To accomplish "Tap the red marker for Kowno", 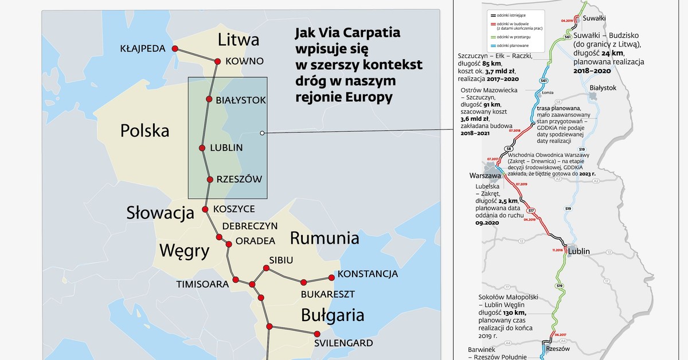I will pyautogui.click(x=218, y=61).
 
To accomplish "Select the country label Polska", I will pyautogui.click(x=144, y=131).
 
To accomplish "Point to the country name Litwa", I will pyautogui.click(x=239, y=40).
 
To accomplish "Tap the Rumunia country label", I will pyautogui.click(x=325, y=238).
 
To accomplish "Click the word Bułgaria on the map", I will pyautogui.click(x=333, y=315).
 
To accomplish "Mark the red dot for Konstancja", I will pyautogui.click(x=331, y=277).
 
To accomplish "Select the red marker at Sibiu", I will pyautogui.click(x=265, y=268).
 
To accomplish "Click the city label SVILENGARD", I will pyautogui.click(x=343, y=343).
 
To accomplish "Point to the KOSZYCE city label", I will pyautogui.click(x=234, y=209).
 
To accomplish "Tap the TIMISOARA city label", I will pyautogui.click(x=202, y=284).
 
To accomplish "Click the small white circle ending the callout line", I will pyautogui.click(x=262, y=133).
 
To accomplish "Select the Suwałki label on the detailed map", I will pyautogui.click(x=594, y=18).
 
